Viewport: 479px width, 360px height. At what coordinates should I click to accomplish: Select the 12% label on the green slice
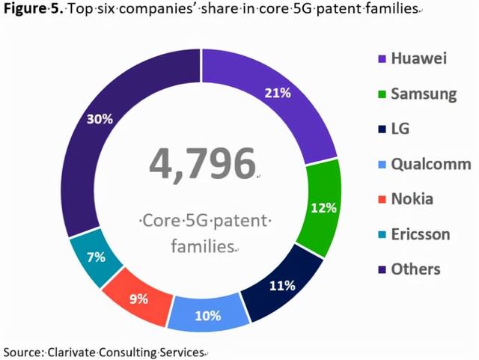tap(323, 208)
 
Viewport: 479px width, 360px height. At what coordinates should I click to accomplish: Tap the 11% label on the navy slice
tap(282, 285)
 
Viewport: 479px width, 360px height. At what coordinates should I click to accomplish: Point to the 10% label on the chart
tap(207, 315)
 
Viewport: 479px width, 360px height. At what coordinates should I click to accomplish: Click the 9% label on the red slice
tap(138, 298)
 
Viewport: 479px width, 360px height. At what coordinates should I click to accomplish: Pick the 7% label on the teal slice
tap(95, 257)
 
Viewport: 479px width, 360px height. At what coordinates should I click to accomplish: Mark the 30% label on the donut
tap(99, 119)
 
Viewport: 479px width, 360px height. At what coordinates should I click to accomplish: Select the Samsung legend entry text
tap(424, 94)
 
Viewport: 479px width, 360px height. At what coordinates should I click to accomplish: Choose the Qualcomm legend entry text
tap(431, 164)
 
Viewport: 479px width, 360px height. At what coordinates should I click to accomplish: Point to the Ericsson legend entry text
tap(421, 234)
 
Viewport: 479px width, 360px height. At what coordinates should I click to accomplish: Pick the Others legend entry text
tap(415, 269)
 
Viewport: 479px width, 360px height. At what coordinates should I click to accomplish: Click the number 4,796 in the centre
tap(202, 164)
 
